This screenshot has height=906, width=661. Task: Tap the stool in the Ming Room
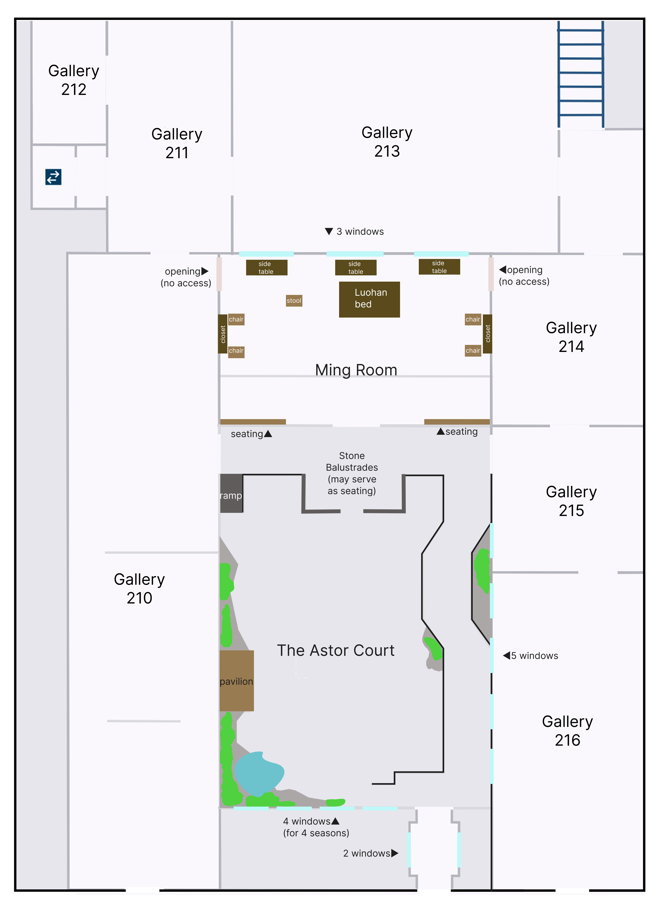[x=294, y=301]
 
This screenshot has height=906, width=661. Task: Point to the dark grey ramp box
[x=231, y=493]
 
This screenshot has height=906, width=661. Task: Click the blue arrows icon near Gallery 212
[x=53, y=177]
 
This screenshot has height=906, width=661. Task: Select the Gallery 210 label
[x=139, y=588]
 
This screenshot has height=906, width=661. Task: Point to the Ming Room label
[x=356, y=370]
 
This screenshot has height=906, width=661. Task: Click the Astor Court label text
[x=336, y=650]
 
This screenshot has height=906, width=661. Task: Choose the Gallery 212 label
[x=74, y=80]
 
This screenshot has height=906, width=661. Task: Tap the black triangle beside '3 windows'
[x=329, y=231]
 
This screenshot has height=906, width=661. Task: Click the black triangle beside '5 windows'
[x=506, y=655]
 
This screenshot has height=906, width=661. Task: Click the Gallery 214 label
[x=571, y=337]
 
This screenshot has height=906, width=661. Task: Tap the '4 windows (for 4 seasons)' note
[x=316, y=827]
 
